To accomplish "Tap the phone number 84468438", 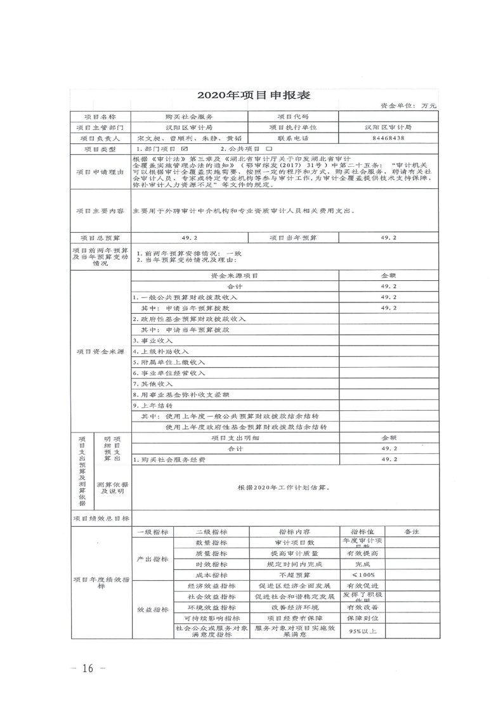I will point(389,137).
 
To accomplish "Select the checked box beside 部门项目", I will point(185,148).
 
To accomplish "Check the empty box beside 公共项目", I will point(259,148).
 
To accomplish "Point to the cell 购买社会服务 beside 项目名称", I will point(189,117).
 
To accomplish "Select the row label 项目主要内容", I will point(100,210).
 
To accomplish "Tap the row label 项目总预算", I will point(100,237).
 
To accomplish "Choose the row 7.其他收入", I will point(152,384).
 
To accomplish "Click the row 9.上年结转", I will point(152,405).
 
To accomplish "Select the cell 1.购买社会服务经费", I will point(169,458).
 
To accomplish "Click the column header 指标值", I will point(359,531).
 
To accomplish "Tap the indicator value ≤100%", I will point(359,574).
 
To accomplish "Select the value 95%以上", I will point(359,631).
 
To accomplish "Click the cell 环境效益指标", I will point(212,607).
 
